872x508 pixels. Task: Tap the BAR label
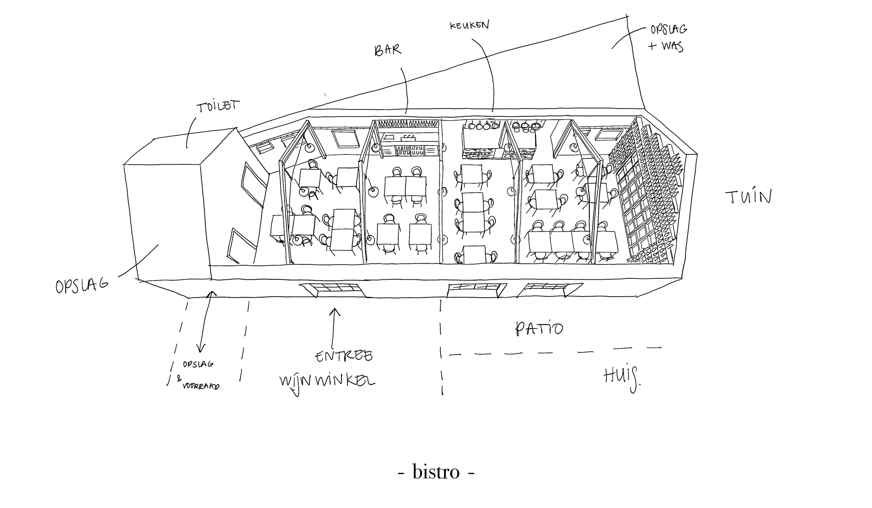pos(388,50)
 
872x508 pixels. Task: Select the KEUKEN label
pos(470,25)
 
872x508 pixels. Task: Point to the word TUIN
pos(749,197)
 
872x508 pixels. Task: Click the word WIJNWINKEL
pos(327,382)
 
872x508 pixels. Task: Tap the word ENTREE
pos(344,356)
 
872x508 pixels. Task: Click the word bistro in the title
pos(436,472)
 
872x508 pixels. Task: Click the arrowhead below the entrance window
pos(334,311)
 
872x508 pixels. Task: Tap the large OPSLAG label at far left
pos(82,286)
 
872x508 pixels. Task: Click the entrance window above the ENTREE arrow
pos(332,290)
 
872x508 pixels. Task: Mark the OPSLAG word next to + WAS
pos(669,30)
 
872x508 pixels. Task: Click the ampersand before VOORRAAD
pos(179,379)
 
